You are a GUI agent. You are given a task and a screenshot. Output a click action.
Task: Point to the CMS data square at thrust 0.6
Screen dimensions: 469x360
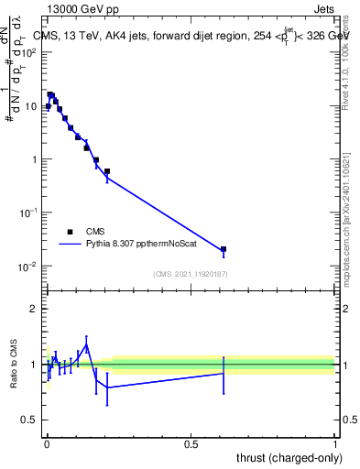(x=223, y=249)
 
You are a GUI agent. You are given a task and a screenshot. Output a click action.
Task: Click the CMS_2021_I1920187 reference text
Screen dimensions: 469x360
(x=190, y=274)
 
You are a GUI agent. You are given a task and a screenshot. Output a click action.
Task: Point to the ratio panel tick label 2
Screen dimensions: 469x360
(x=35, y=309)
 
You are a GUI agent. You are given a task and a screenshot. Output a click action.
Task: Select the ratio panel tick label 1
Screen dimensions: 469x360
(x=35, y=365)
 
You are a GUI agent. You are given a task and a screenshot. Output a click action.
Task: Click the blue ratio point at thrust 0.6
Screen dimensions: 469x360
(x=223, y=373)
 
